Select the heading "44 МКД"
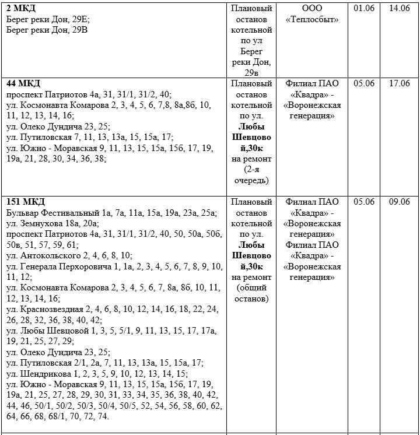click(x=23, y=83)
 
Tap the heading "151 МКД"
click(x=26, y=202)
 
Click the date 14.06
click(x=399, y=9)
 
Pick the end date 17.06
click(x=399, y=83)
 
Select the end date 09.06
click(x=399, y=202)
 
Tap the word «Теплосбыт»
click(x=312, y=20)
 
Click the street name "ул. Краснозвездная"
click(x=45, y=309)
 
